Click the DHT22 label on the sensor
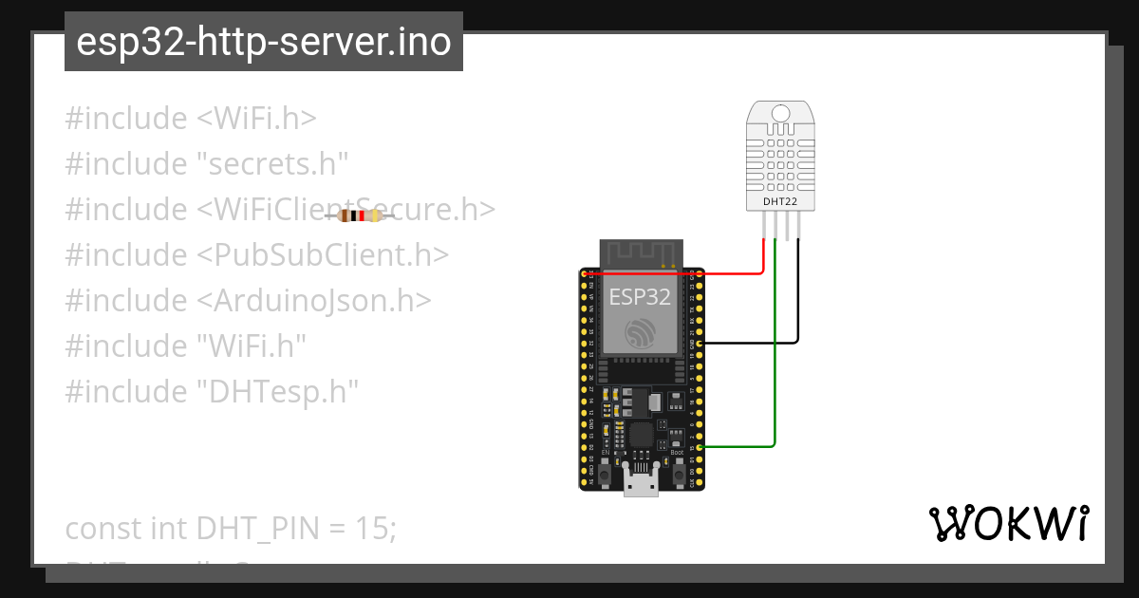click(780, 201)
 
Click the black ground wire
click(797, 304)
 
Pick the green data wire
click(775, 380)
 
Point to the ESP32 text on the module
click(640, 297)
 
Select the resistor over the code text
click(360, 216)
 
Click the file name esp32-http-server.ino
click(263, 43)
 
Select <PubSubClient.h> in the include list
click(323, 255)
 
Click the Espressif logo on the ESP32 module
click(640, 332)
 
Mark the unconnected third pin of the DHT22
click(787, 226)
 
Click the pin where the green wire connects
click(700, 445)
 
